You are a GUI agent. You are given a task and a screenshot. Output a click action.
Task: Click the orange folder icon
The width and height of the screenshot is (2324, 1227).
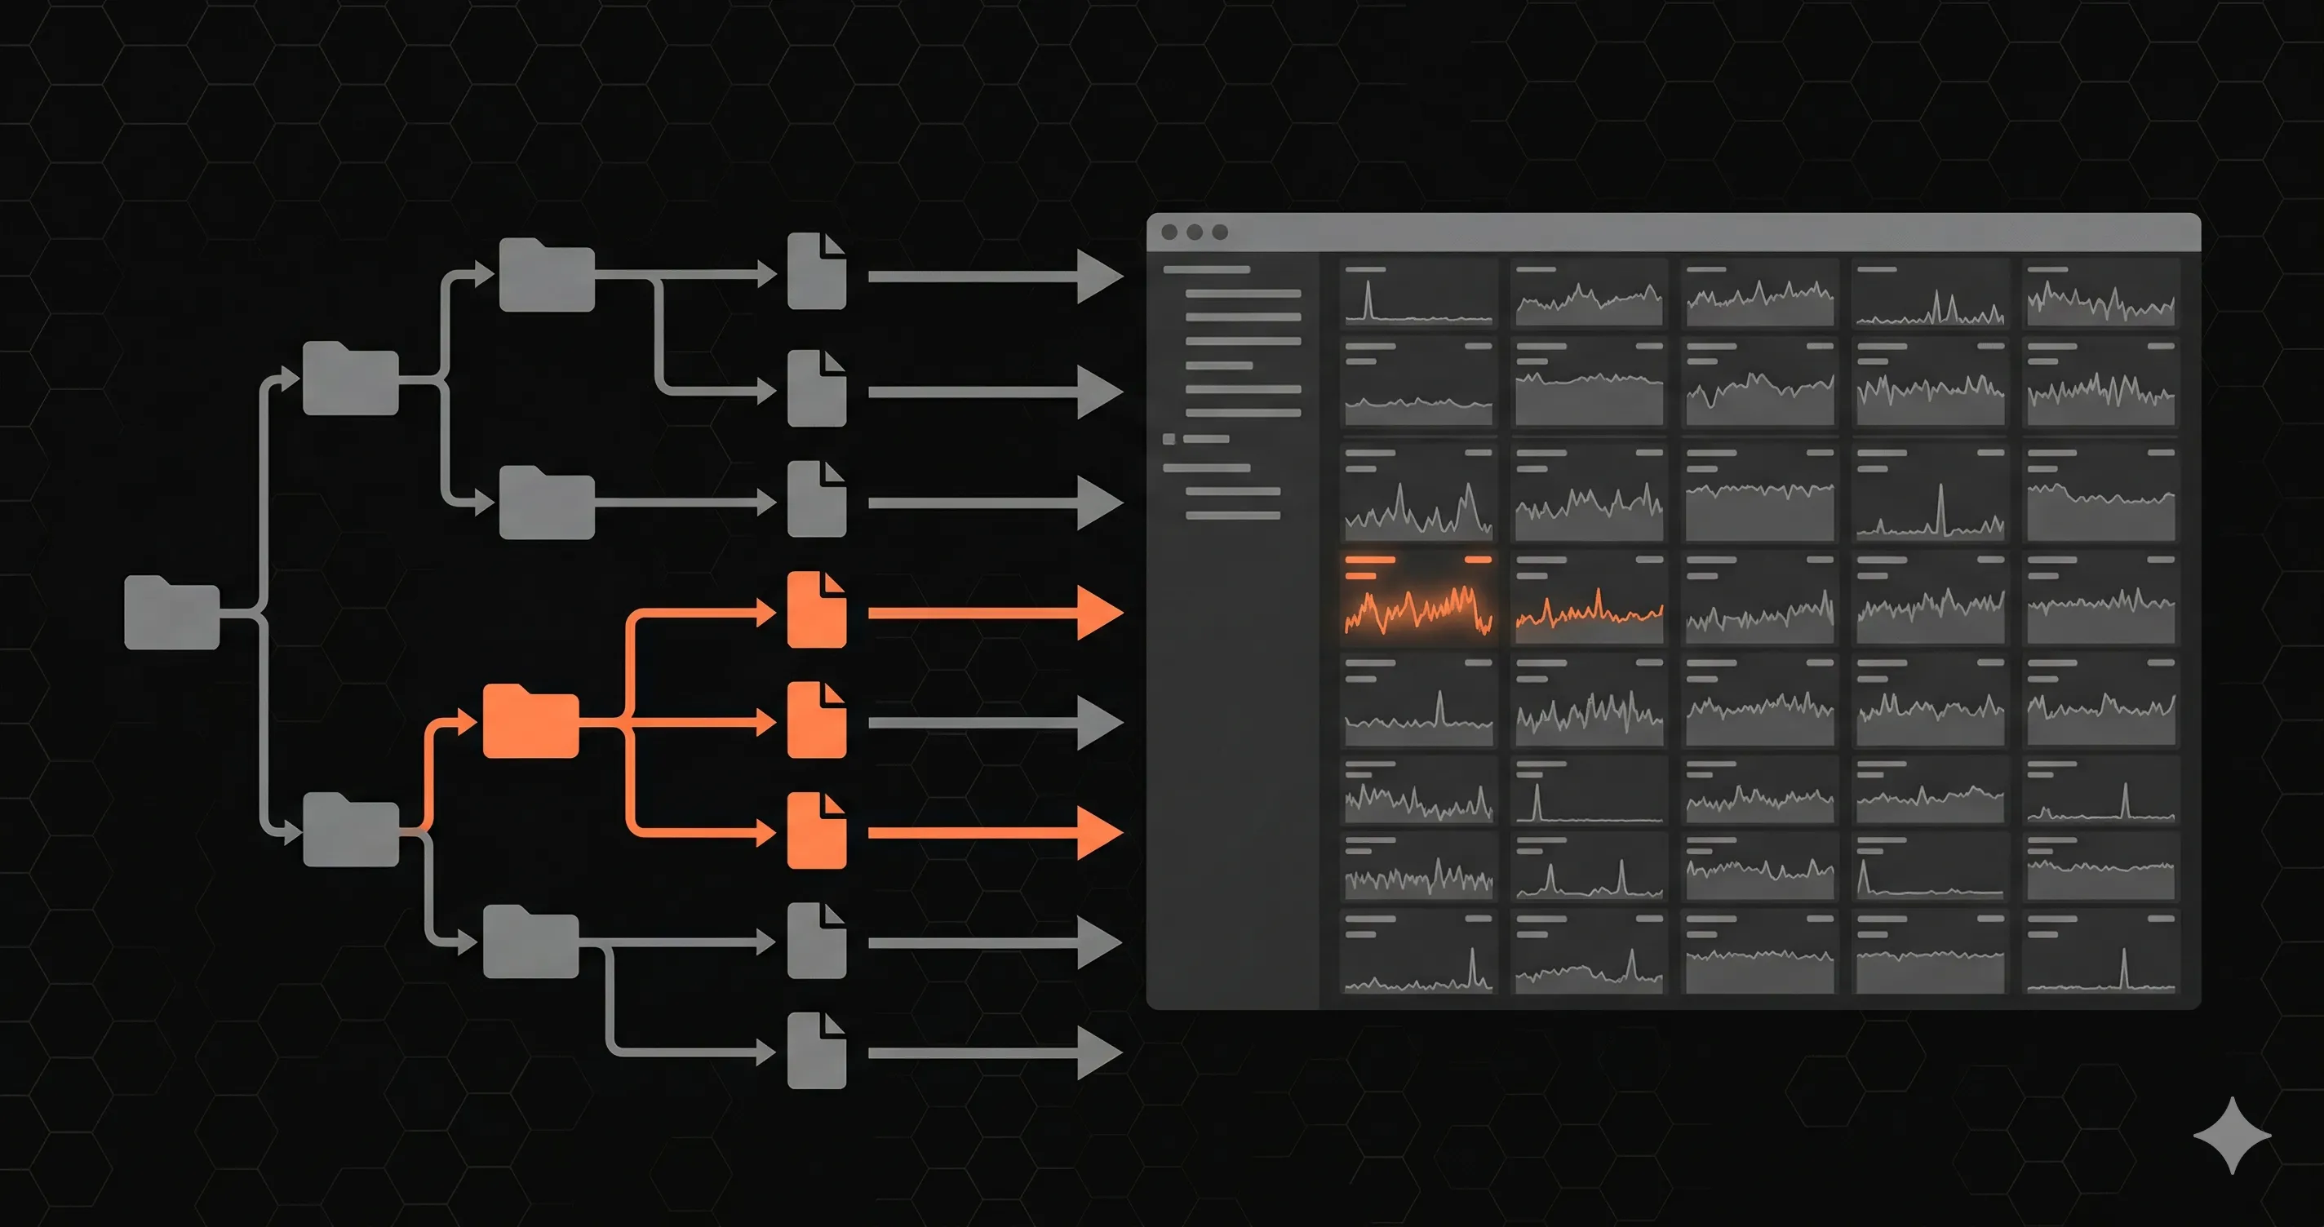(530, 722)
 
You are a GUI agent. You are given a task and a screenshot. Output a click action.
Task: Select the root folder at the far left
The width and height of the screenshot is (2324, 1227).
(171, 613)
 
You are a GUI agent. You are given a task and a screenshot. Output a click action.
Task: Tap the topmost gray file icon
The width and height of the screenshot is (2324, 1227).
(817, 272)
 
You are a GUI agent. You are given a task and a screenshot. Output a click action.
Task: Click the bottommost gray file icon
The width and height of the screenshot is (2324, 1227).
(817, 1051)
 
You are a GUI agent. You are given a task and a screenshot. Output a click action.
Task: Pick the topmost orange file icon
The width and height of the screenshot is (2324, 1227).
(817, 611)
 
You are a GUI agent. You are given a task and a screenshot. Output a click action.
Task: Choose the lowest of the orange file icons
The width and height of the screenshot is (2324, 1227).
(817, 832)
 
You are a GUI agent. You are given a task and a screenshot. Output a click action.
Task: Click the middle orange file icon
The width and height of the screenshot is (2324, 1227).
(817, 721)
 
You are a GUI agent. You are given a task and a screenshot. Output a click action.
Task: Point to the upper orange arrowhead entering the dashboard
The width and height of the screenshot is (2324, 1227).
(1098, 613)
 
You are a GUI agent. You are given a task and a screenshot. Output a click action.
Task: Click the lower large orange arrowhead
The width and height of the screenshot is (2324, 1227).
(1098, 832)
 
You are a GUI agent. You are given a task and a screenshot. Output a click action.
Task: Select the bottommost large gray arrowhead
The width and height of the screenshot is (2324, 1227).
(1098, 1053)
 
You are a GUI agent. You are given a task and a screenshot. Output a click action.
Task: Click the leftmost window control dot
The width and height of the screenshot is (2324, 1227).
(1169, 232)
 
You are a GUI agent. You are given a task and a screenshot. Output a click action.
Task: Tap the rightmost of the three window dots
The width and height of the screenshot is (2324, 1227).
(1220, 232)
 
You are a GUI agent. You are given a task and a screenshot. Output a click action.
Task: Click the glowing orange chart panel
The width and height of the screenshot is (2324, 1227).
(1417, 596)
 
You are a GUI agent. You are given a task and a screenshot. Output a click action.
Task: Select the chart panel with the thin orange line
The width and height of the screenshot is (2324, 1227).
(1589, 596)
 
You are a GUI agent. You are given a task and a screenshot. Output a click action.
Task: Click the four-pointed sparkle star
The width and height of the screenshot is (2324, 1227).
(2232, 1135)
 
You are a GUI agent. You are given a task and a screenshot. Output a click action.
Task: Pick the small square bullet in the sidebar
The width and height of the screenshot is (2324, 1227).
(1169, 440)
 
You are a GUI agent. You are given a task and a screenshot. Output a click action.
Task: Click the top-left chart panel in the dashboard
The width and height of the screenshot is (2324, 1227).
(1417, 293)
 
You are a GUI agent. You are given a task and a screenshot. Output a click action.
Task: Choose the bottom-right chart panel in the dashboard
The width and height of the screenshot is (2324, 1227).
(2100, 952)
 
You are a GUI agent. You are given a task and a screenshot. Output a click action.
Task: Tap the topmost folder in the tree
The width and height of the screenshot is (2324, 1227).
(547, 276)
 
